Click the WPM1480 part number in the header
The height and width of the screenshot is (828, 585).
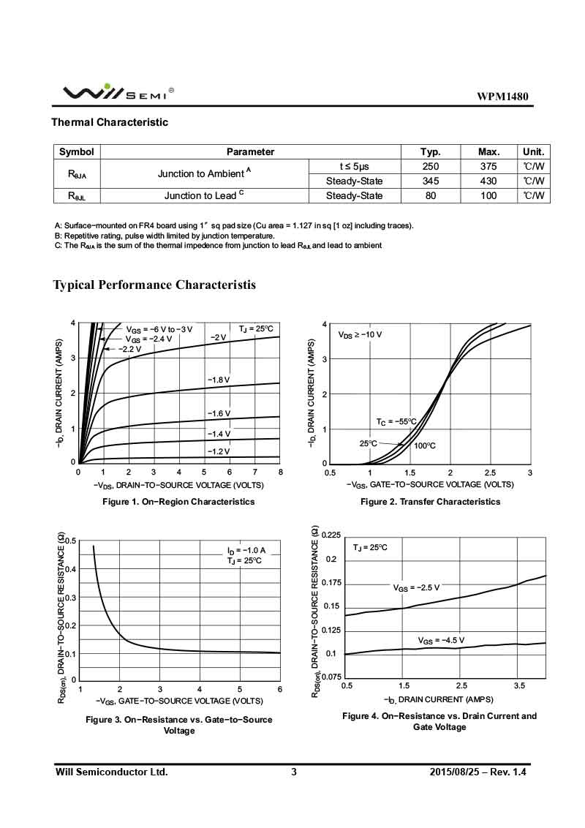(x=502, y=97)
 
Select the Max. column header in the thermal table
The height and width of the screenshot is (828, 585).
(x=488, y=152)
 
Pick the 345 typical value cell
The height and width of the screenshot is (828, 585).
(x=431, y=181)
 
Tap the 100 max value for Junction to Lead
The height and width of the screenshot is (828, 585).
(x=488, y=195)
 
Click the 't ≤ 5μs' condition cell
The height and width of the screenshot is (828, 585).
(x=355, y=167)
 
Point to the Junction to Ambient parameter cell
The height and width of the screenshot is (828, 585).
(x=204, y=173)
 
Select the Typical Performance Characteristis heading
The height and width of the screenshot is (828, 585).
(x=154, y=285)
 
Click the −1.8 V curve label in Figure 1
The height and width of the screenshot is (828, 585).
(x=219, y=380)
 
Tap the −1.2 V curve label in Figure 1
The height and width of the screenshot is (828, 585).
(x=219, y=451)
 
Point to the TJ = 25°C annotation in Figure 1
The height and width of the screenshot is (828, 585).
(x=255, y=328)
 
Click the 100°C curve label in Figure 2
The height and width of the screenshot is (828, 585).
(x=425, y=445)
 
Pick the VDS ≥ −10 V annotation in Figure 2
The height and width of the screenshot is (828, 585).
(x=360, y=334)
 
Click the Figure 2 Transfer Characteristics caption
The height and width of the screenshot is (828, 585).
(x=430, y=502)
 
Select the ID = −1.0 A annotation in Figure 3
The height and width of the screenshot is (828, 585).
(x=246, y=550)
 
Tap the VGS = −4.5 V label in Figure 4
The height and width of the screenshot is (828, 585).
(x=441, y=640)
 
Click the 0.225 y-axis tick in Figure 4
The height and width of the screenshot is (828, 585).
(x=331, y=535)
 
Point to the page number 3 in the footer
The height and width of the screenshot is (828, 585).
(x=294, y=772)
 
